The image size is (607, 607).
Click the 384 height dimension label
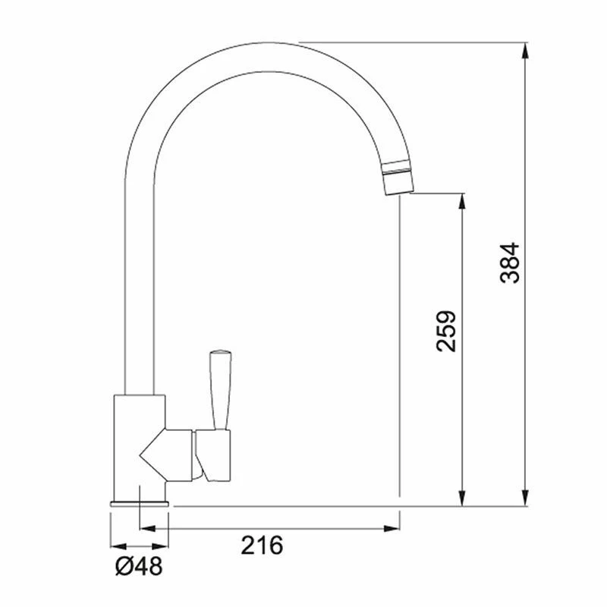click(509, 263)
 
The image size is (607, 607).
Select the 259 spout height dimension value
click(446, 331)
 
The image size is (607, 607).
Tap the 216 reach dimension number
click(262, 545)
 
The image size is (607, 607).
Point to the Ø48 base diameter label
click(139, 567)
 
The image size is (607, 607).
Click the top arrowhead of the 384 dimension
click(525, 50)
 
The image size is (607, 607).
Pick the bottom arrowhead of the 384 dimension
click(525, 498)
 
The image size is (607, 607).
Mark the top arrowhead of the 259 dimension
click(461, 201)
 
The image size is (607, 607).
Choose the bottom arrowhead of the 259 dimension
click(461, 498)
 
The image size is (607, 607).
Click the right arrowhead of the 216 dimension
click(392, 528)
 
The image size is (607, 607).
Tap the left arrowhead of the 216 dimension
click(147, 528)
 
